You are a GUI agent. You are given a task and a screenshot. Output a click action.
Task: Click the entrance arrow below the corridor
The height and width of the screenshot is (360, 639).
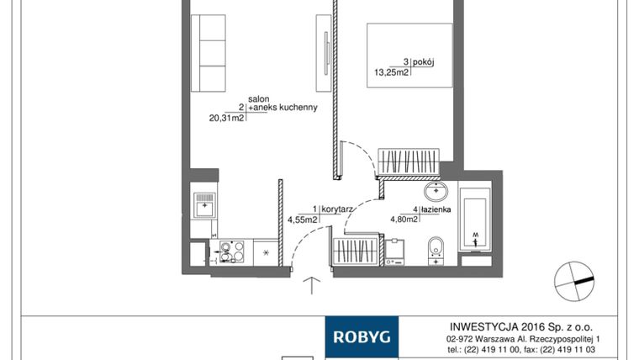coord(312,286)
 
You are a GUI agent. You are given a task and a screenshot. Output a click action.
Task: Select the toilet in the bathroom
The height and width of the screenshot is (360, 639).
coord(435,249)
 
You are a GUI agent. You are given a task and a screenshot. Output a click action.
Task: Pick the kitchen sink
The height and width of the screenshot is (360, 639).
coord(204,204)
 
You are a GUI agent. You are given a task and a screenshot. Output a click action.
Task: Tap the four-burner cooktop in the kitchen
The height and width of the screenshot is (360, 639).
coord(232,251)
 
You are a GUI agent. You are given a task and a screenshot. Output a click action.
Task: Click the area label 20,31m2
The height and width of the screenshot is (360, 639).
coord(226,119)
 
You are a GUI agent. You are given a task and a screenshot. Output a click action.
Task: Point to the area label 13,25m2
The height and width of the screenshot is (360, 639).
coord(391,72)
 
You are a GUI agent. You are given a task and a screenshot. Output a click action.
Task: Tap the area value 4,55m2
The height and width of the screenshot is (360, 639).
coord(302,220)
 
